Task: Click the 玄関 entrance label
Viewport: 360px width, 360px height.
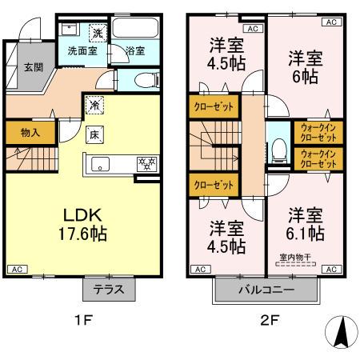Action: click(33, 67)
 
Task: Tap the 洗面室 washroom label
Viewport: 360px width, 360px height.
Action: click(81, 50)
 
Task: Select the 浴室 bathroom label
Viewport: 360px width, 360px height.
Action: click(135, 50)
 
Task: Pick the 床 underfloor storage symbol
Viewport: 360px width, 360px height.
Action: click(94, 134)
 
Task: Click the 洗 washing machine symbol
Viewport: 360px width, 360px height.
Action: click(96, 33)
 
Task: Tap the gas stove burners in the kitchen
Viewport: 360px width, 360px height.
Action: click(147, 165)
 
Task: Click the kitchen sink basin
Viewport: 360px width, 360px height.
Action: click(101, 165)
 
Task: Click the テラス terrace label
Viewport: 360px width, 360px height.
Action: click(109, 289)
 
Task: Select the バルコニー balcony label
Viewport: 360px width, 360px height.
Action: click(265, 290)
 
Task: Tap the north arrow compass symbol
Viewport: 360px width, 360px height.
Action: click(341, 330)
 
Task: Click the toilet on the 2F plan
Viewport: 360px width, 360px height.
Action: click(277, 148)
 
